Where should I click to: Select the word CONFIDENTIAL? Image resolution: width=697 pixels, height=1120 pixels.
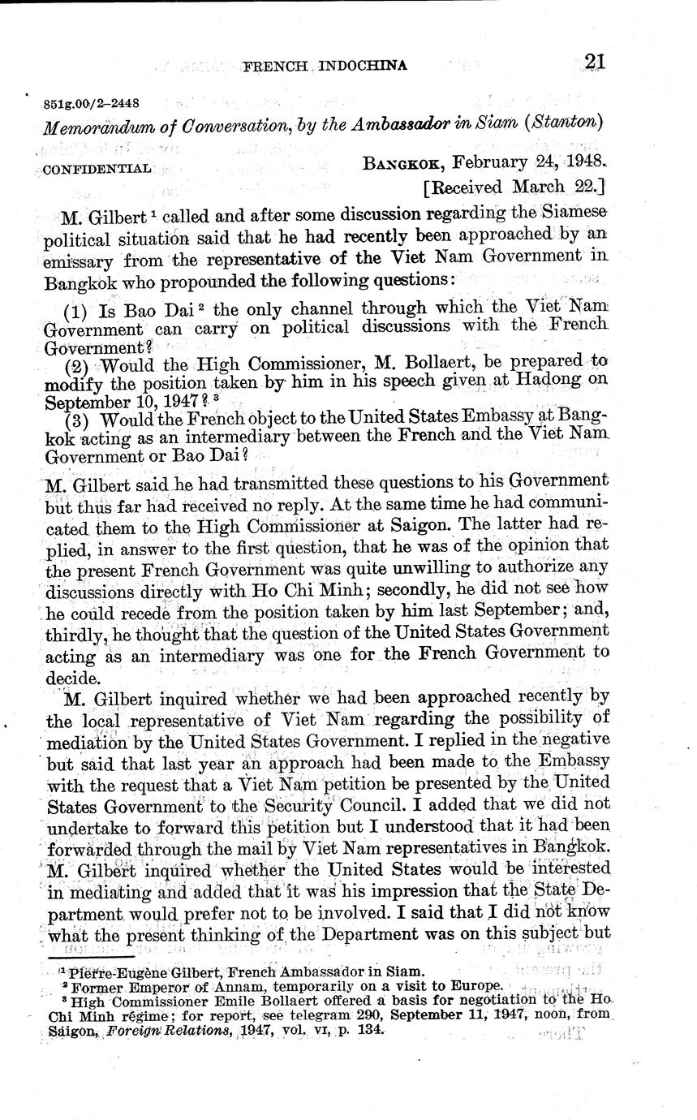click(x=96, y=169)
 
